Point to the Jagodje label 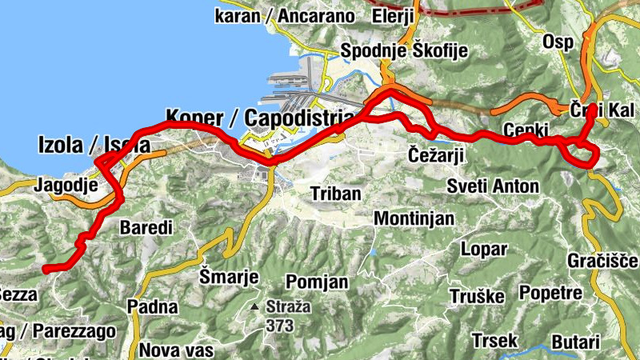tap(66, 186)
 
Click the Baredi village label tap(146, 228)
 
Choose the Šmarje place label tap(230, 277)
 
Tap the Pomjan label tap(317, 282)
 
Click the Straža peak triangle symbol tap(254, 307)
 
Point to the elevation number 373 tap(281, 326)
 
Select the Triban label tap(336, 194)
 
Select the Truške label tap(476, 297)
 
